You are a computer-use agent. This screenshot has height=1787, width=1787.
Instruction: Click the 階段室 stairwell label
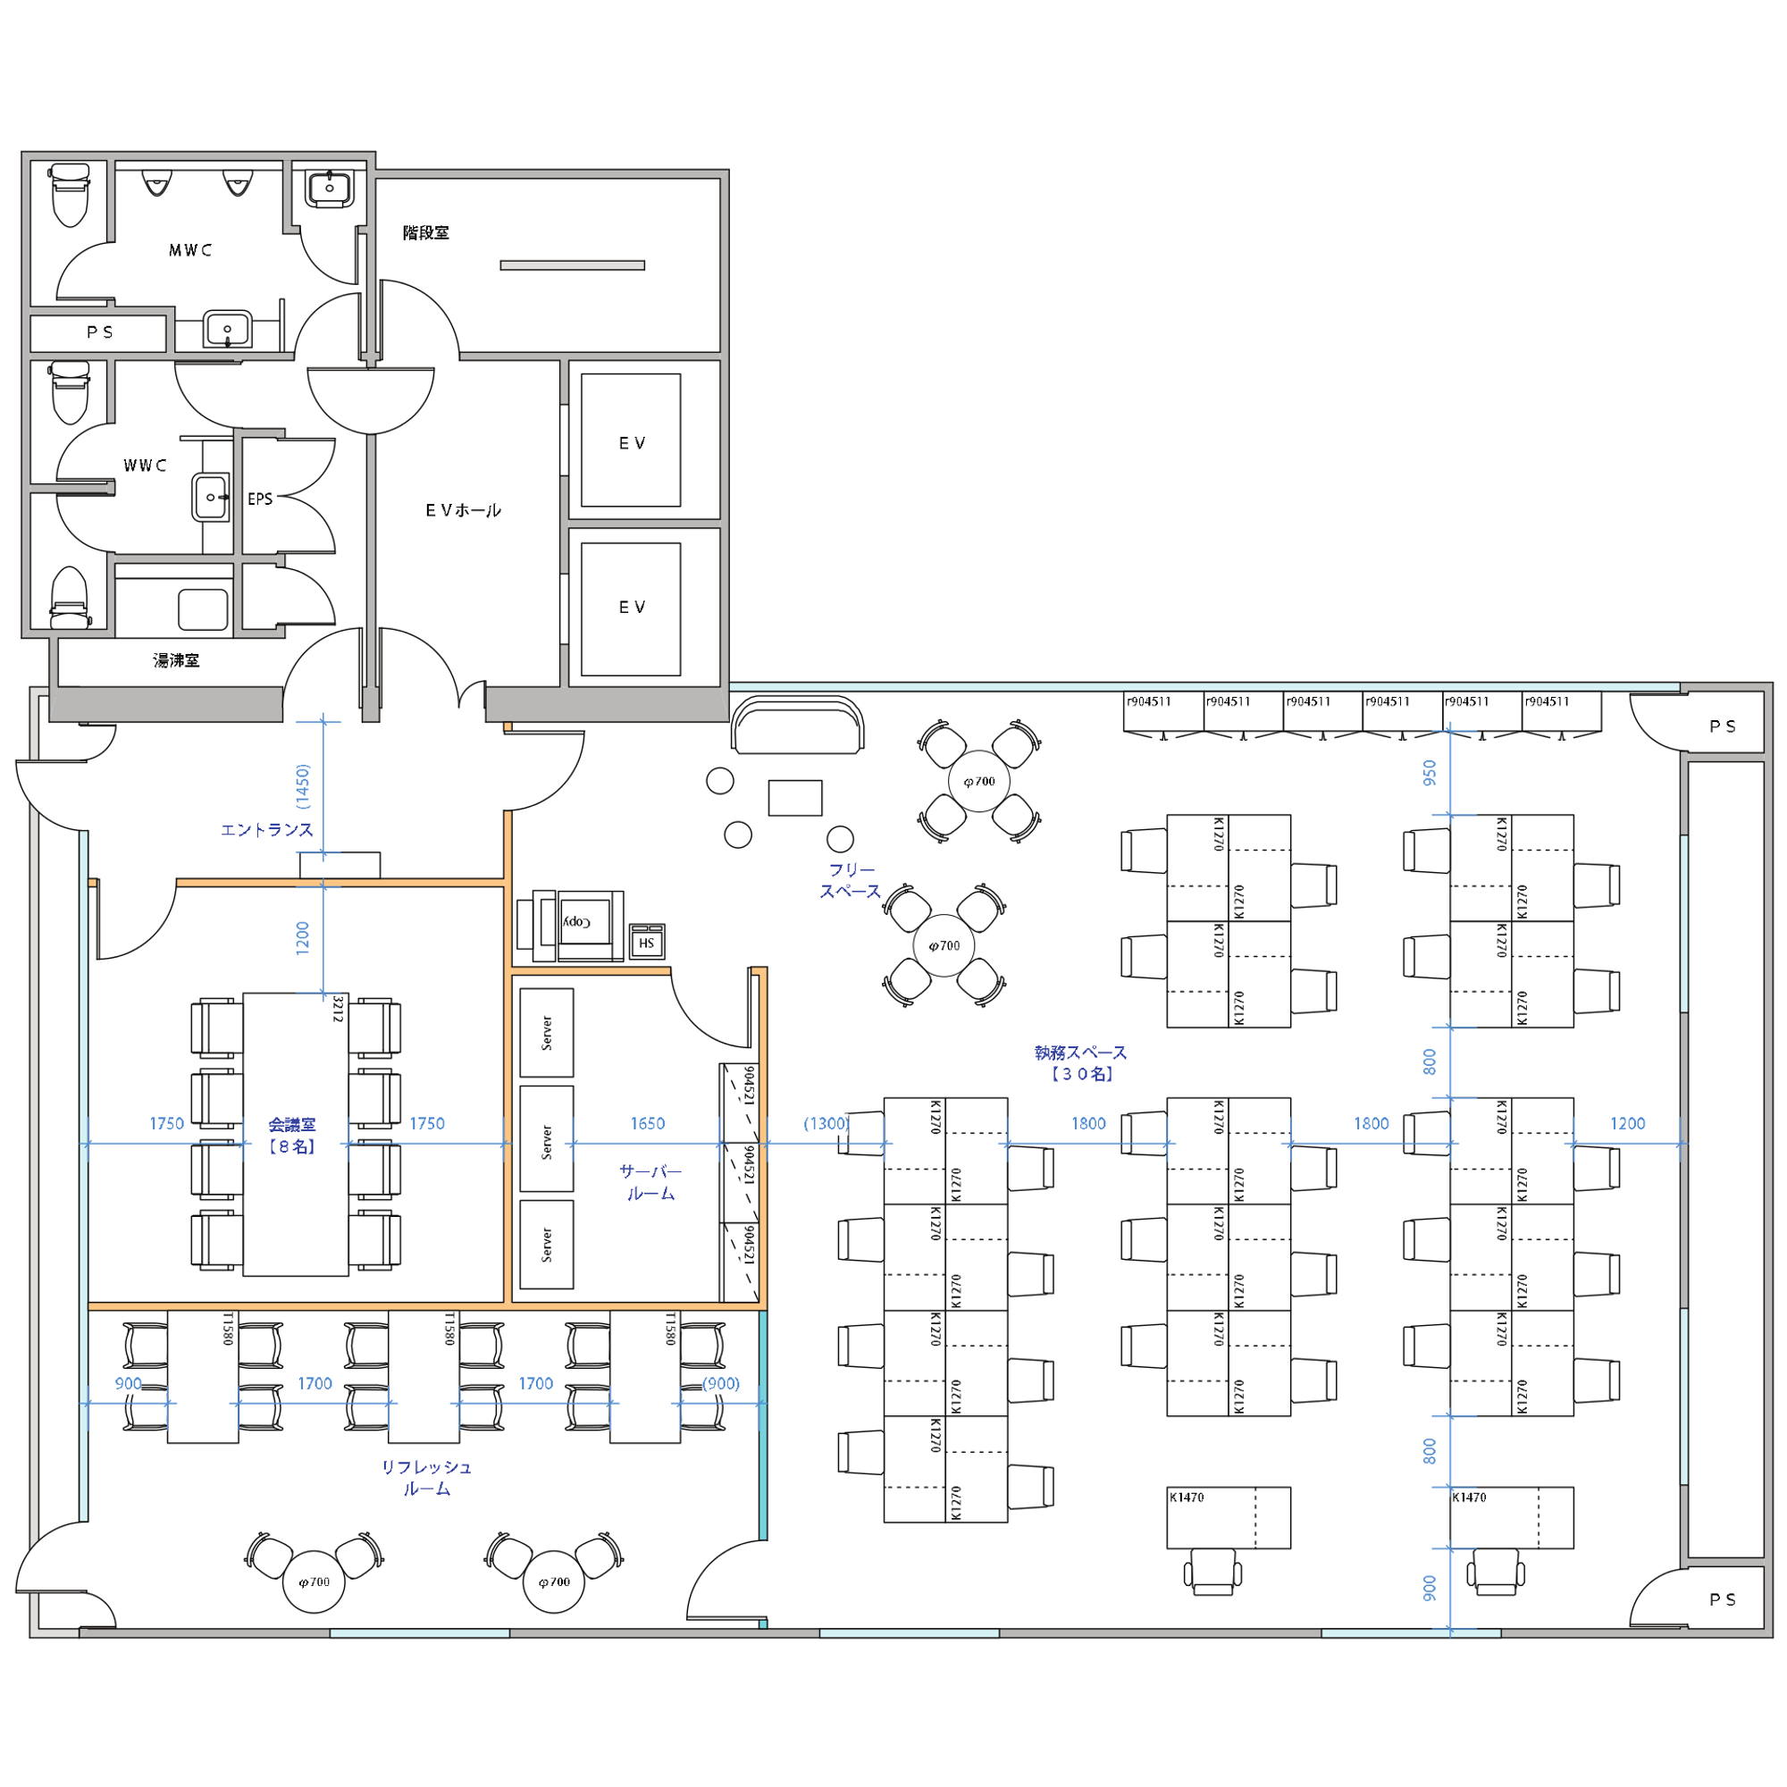425,232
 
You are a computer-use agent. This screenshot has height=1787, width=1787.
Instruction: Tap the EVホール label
464,509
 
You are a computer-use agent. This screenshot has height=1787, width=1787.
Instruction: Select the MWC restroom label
190,250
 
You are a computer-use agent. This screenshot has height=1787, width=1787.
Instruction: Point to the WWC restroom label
146,466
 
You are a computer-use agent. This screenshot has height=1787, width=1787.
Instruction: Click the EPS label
260,499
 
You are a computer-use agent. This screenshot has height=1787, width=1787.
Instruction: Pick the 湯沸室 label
176,660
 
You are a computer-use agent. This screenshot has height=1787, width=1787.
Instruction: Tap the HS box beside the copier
647,942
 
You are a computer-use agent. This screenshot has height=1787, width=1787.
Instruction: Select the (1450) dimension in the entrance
303,786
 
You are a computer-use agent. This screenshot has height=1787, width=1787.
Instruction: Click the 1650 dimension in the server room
648,1123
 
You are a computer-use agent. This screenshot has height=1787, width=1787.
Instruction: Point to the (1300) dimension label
826,1123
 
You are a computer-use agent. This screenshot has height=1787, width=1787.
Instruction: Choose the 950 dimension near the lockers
1430,773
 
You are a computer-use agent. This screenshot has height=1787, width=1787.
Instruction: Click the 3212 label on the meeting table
338,1009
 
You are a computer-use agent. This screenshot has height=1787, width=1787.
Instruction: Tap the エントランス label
266,830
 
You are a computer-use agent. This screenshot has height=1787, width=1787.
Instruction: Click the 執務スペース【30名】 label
1080,1063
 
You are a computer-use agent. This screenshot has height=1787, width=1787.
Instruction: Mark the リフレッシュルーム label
426,1478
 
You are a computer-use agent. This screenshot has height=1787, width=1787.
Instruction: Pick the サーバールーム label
651,1183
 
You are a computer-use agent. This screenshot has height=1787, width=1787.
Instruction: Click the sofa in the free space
797,725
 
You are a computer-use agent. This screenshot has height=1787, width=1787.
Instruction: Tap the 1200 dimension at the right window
1628,1123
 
